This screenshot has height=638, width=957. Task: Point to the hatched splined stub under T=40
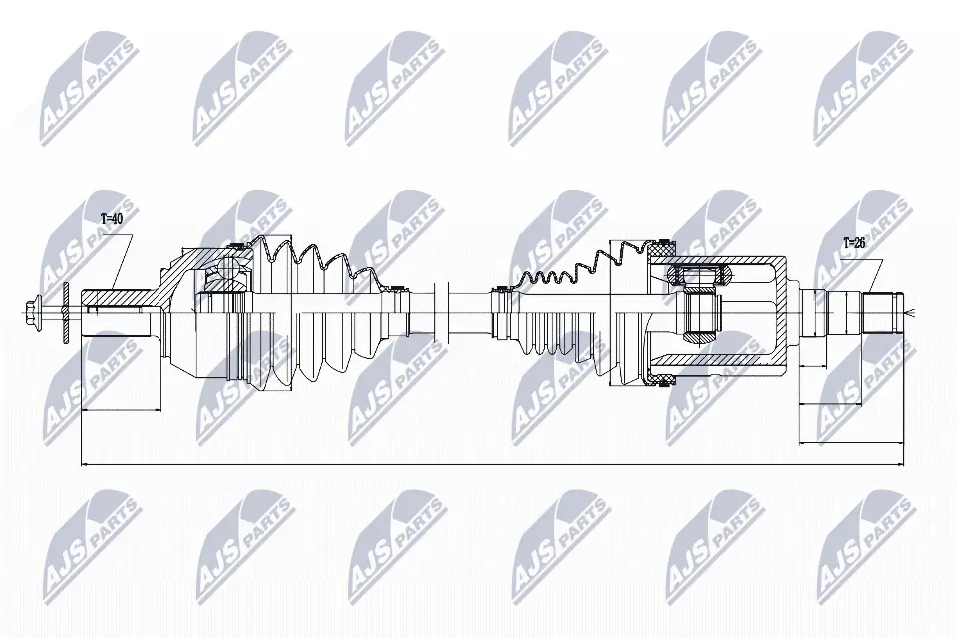pos(115,297)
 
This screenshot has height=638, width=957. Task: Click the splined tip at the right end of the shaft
pos(882,311)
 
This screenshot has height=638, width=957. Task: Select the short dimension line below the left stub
pos(120,410)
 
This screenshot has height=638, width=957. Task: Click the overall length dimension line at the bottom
pos(488,464)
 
